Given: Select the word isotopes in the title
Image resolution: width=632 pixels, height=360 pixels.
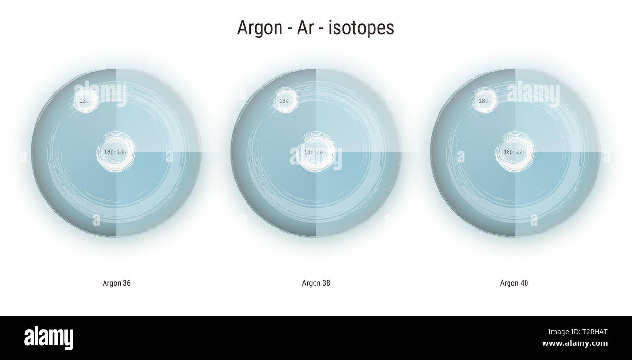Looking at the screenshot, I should pyautogui.click(x=361, y=28).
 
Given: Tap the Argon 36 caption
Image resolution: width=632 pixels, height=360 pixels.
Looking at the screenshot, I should pyautogui.click(x=117, y=283).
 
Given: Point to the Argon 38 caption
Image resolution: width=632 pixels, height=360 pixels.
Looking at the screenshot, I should pyautogui.click(x=316, y=283).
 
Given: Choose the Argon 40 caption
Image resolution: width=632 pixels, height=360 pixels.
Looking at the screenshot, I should pyautogui.click(x=514, y=283).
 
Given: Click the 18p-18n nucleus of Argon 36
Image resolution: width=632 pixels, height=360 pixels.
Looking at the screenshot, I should pyautogui.click(x=116, y=152).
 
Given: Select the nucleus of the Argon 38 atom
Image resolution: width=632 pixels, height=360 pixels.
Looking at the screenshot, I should pyautogui.click(x=316, y=152).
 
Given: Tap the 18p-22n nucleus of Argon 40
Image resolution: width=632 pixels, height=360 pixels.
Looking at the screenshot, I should pyautogui.click(x=515, y=152).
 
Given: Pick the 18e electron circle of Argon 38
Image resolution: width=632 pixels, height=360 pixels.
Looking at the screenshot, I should pyautogui.click(x=284, y=101).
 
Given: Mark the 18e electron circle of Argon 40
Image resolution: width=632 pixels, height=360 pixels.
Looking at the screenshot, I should pyautogui.click(x=484, y=101).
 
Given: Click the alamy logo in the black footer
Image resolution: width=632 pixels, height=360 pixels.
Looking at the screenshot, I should pyautogui.click(x=49, y=338).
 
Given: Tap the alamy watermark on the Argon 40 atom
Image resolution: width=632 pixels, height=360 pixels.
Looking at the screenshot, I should pyautogui.click(x=533, y=93).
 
